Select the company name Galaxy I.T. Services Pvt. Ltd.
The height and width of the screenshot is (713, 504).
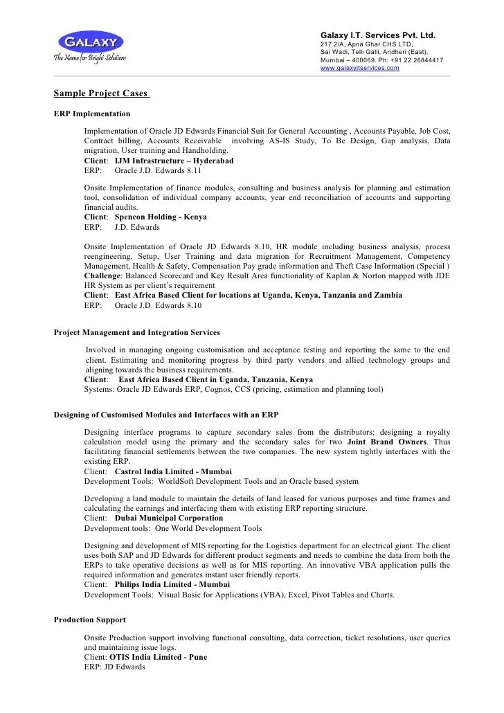(377, 35)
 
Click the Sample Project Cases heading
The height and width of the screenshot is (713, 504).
(101, 93)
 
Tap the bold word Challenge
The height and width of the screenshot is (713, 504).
(104, 275)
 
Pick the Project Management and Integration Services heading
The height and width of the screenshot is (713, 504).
(137, 332)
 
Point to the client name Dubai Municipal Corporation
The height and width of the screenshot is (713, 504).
(169, 518)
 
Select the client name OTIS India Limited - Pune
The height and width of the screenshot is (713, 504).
(157, 656)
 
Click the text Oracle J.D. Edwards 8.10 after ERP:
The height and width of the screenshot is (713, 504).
(158, 305)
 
